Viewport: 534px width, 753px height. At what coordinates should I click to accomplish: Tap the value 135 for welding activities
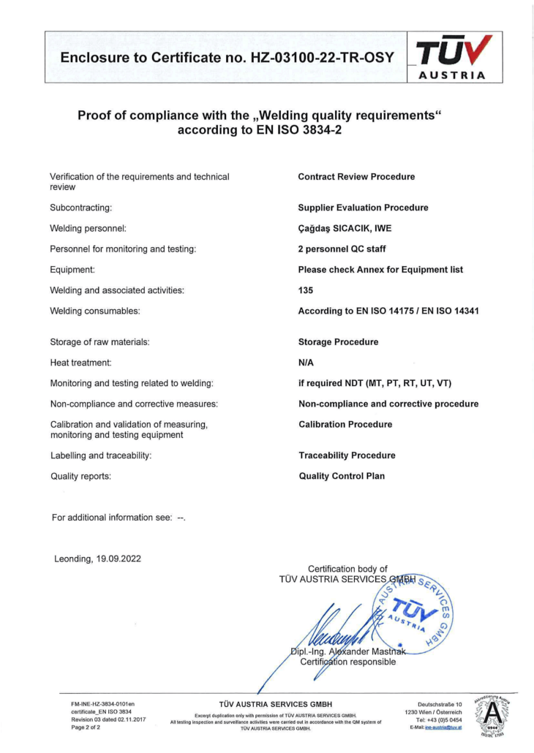[306, 290]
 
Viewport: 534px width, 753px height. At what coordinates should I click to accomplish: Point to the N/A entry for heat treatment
[307, 363]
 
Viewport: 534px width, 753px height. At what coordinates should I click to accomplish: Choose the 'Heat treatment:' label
[80, 363]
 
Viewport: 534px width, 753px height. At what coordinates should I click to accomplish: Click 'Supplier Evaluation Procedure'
[363, 208]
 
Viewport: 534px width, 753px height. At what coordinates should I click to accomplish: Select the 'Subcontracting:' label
[80, 208]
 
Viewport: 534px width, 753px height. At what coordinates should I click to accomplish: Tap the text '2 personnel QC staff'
[344, 249]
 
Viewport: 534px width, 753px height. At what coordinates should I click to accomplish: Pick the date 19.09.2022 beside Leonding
[119, 559]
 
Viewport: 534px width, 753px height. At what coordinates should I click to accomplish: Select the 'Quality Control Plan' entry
[342, 476]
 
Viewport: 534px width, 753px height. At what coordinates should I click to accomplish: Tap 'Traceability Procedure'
[347, 455]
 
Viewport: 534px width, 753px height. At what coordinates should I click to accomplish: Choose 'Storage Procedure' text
[338, 342]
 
